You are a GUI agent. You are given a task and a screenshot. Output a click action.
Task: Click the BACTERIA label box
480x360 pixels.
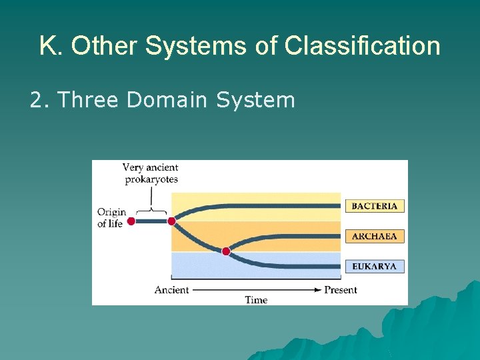(374, 206)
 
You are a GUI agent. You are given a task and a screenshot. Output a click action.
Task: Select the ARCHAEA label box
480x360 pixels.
(374, 236)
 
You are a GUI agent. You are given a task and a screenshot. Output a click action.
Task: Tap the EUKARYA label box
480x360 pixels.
(374, 266)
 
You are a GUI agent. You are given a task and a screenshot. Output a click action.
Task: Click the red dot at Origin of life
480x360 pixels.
(131, 221)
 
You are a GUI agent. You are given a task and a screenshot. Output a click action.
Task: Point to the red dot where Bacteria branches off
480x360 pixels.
(171, 221)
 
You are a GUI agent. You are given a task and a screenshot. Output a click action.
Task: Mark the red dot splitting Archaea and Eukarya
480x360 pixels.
(226, 251)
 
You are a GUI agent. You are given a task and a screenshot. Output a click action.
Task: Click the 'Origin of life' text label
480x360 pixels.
(111, 218)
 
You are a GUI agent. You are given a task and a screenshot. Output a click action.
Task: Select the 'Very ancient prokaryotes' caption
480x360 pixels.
(151, 173)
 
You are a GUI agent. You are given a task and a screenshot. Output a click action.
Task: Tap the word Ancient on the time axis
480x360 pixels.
(171, 290)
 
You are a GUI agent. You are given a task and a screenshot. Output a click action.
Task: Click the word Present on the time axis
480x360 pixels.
(340, 290)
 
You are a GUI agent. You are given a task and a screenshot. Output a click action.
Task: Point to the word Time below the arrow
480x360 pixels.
(256, 300)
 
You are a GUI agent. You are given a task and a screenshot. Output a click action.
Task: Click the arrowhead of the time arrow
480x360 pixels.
(319, 290)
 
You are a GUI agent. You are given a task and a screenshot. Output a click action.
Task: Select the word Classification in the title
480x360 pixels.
(362, 47)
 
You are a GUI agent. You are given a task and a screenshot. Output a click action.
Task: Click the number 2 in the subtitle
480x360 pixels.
(35, 100)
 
